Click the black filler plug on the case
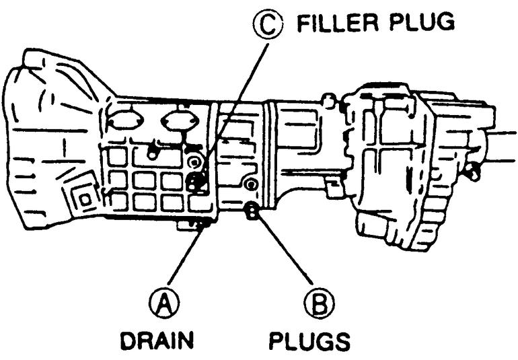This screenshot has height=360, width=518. [x=196, y=180]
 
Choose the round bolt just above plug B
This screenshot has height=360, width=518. [x=252, y=184]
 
